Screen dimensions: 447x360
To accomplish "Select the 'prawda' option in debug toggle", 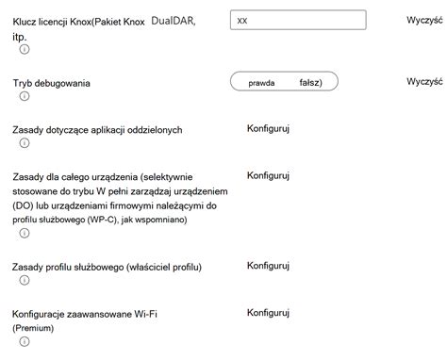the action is pyautogui.click(x=261, y=83).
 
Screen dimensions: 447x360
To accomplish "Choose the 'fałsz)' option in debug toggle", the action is pyautogui.click(x=311, y=83).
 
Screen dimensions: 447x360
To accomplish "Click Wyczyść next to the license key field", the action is pyautogui.click(x=425, y=19).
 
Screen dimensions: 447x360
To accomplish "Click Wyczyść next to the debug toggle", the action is pyautogui.click(x=425, y=82).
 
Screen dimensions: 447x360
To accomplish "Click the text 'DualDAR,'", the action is pyautogui.click(x=174, y=19).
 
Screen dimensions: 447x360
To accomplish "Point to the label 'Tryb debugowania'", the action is pyautogui.click(x=52, y=83).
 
